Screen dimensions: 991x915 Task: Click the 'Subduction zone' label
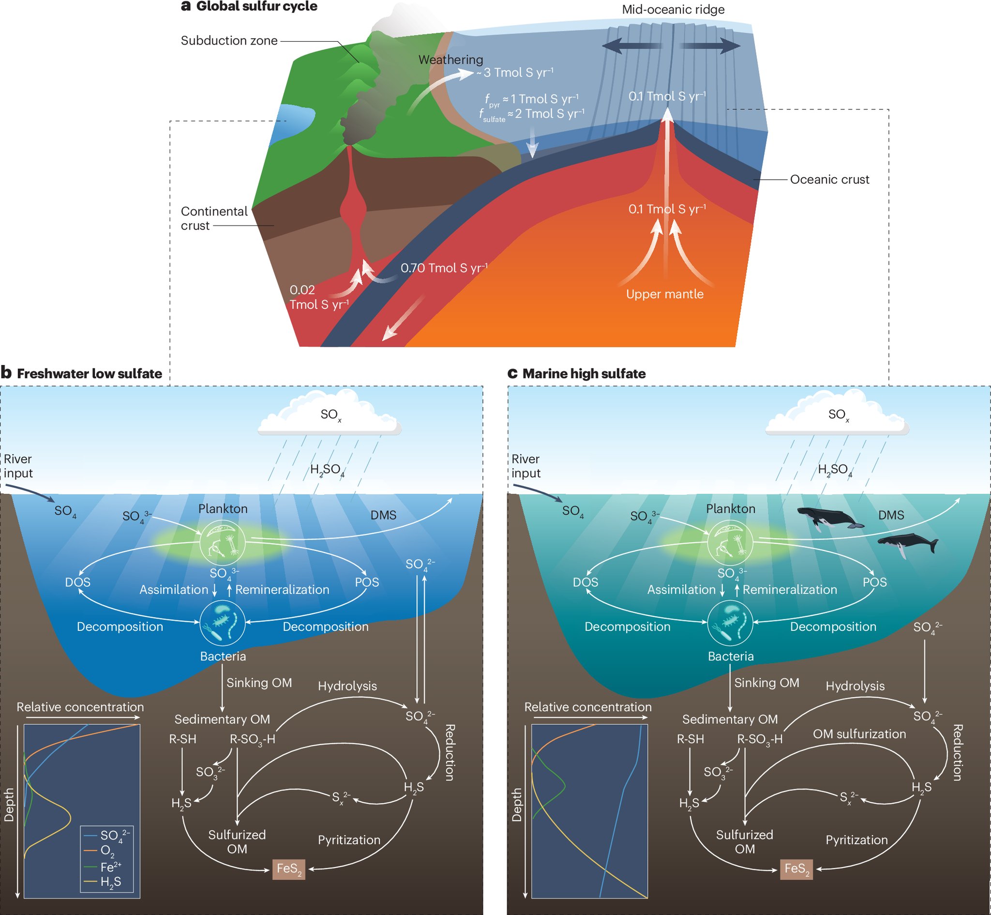coord(229,41)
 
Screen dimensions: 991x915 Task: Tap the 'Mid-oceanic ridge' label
coord(673,9)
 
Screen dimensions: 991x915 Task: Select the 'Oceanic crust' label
coord(829,179)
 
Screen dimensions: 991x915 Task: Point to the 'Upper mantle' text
coord(664,294)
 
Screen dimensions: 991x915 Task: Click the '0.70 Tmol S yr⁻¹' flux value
coord(444,268)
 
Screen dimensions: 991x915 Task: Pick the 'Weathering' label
coord(450,60)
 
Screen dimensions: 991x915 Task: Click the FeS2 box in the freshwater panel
coord(288,869)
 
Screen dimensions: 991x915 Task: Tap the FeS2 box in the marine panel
coord(796,869)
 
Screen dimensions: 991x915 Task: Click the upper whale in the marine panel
coord(830,518)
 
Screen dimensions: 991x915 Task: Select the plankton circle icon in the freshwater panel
coord(223,543)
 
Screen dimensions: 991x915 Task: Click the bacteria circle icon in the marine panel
coord(730,623)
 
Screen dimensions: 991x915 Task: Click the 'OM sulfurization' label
coord(859,734)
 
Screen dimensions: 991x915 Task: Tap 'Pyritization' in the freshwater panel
coord(349,840)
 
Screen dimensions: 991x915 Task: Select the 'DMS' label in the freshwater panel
coord(383,516)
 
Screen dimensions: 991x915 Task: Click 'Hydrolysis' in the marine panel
coord(855,686)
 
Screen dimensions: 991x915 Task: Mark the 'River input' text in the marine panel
coord(526,466)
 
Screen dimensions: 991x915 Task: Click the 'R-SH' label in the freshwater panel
coord(182,739)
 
